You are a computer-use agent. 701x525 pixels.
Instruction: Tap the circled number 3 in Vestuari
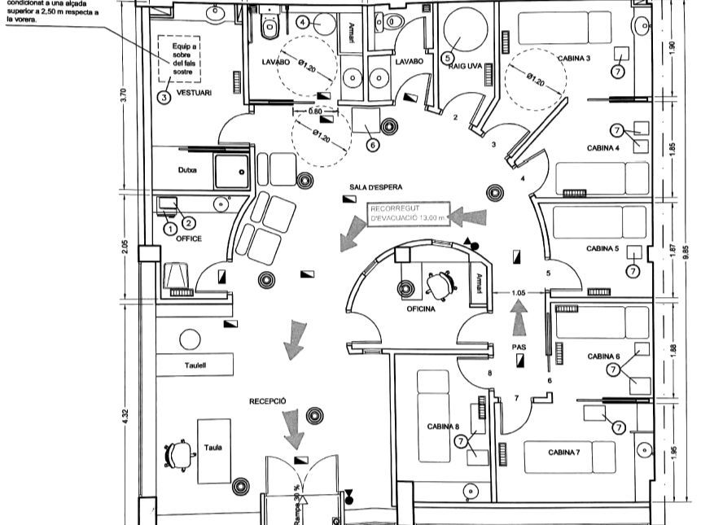(164, 97)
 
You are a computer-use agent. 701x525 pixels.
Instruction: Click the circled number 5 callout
(447, 57)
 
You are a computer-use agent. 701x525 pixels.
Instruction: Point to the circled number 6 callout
(372, 145)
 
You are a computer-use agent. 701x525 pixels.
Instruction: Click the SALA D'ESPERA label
(376, 186)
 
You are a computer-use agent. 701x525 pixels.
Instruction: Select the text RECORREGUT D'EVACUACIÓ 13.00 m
(409, 214)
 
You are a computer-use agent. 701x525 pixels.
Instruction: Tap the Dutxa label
(188, 170)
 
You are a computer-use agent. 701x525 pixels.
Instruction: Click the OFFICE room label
(189, 238)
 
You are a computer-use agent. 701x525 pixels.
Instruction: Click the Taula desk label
(214, 447)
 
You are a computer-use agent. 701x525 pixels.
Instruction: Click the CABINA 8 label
(444, 427)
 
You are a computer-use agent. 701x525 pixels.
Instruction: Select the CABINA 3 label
(574, 59)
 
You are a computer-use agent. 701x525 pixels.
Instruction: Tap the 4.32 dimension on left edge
(125, 414)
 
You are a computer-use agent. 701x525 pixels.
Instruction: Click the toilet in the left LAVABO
(270, 28)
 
